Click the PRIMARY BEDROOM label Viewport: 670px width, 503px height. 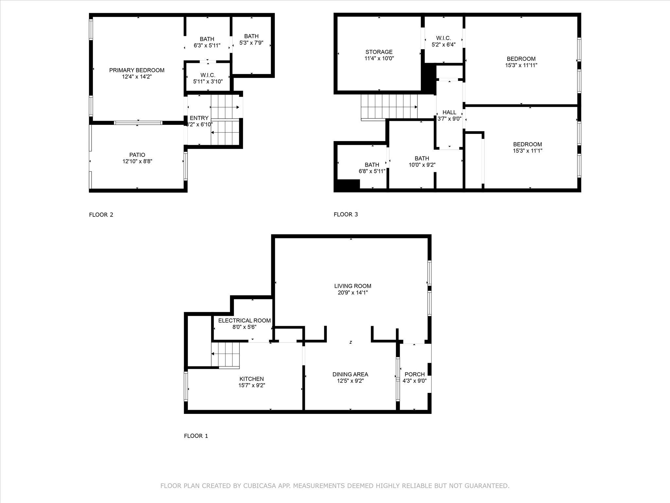tap(136, 70)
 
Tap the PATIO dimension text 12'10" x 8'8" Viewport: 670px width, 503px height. tap(137, 161)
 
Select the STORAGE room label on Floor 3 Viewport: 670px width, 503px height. tap(379, 52)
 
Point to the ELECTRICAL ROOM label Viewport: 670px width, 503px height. tap(244, 321)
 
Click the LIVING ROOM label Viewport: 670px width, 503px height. tap(353, 286)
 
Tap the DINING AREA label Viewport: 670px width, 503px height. tap(350, 374)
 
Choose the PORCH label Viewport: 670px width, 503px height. tap(414, 374)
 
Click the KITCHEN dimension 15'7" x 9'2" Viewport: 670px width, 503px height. tap(252, 385)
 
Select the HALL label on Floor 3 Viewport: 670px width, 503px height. tap(449, 112)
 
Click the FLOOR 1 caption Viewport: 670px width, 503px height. tap(196, 436)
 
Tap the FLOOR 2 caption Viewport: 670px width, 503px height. tap(101, 215)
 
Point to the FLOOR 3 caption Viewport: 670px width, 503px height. tap(346, 214)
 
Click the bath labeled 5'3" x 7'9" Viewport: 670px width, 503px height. tap(251, 39)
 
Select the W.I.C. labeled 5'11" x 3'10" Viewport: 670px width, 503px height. tap(208, 78)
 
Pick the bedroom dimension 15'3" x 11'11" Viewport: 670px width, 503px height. tap(521, 65)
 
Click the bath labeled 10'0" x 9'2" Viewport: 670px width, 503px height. tap(422, 162)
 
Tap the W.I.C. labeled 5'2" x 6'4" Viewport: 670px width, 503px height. tap(443, 41)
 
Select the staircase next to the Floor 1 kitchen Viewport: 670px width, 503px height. tap(226, 355)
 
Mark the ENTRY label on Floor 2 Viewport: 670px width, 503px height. tap(199, 118)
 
